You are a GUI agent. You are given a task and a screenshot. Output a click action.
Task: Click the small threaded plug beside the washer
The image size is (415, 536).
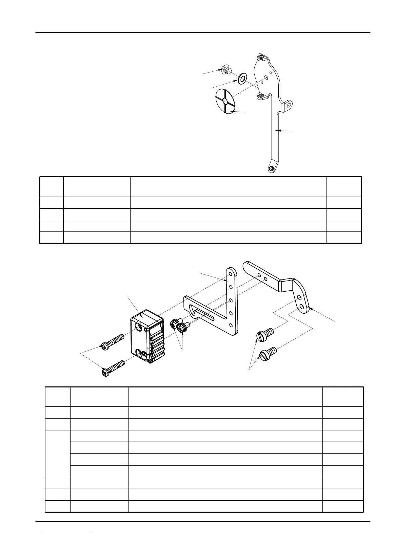(225, 69)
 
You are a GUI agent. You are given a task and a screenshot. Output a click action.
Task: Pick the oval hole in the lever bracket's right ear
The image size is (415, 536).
(289, 105)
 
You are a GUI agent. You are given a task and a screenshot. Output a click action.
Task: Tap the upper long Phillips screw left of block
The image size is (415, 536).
(112, 342)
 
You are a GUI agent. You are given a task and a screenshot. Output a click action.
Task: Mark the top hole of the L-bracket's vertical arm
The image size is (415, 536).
(231, 273)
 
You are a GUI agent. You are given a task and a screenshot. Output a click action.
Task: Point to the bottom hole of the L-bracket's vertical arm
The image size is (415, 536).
(231, 326)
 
